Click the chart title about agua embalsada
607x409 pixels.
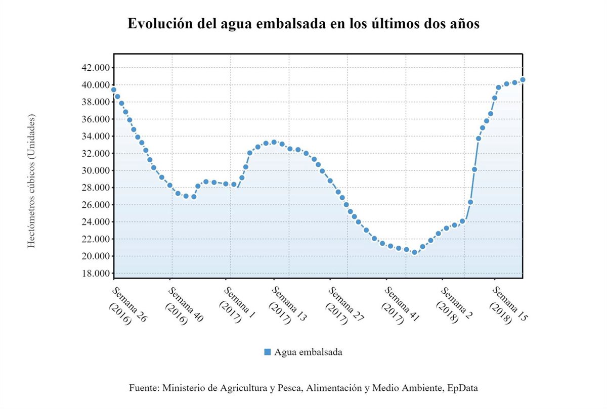303,24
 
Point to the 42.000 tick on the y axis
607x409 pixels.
96,68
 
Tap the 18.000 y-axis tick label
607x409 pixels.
96,274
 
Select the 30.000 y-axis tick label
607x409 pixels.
96,170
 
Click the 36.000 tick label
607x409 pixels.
96,119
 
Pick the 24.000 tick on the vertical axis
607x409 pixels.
96,222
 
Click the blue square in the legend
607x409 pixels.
268,352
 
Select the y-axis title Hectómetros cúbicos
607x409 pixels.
31,181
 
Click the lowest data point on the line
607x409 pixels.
414,252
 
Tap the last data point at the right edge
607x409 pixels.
523,80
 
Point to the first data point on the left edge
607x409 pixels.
114,89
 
